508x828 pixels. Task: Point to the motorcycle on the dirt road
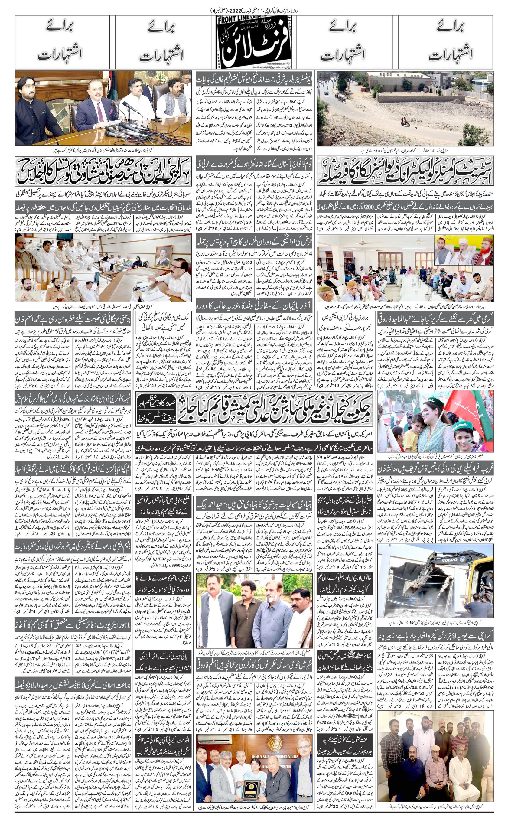[x=405, y=123]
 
